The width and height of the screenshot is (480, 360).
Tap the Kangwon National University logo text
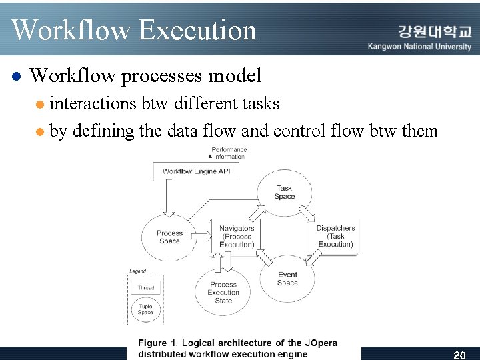[419, 39]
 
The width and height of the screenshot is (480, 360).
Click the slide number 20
[459, 355]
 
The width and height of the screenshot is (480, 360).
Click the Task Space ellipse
[284, 192]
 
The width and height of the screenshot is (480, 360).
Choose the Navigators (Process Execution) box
[237, 236]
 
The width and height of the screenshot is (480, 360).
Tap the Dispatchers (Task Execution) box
[336, 236]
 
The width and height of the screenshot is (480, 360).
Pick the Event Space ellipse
[287, 279]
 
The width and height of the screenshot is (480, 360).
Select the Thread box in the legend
[145, 288]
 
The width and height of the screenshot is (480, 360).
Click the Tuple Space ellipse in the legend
[145, 309]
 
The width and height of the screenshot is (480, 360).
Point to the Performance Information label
[229, 153]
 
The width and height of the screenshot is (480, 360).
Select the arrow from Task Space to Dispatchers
[307, 214]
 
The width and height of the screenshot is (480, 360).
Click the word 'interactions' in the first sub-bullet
[93, 103]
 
